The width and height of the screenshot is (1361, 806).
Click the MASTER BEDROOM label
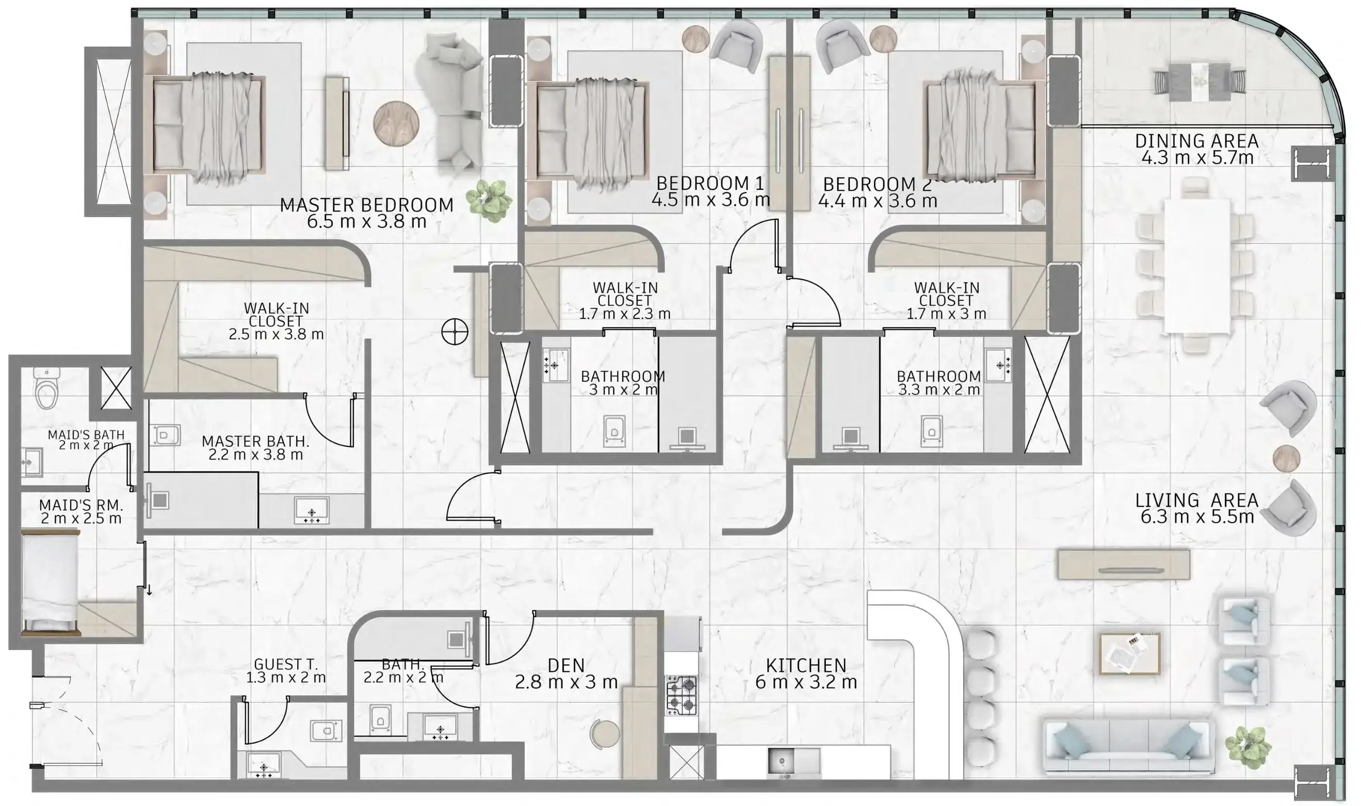366,205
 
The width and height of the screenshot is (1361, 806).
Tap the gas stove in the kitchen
682,696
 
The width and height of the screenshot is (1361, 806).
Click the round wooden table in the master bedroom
396,123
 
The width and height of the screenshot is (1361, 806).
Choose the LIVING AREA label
1196,499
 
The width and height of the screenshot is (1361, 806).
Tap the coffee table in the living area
1130,654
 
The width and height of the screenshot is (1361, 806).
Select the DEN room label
566,665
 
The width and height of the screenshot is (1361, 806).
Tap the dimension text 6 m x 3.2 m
806,682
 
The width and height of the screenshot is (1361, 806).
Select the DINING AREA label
1196,141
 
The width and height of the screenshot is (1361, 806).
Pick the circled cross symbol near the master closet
455,332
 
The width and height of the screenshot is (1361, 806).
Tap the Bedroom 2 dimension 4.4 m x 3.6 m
877,201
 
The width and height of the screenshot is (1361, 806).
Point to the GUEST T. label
286,664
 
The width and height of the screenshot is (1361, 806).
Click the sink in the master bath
312,511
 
